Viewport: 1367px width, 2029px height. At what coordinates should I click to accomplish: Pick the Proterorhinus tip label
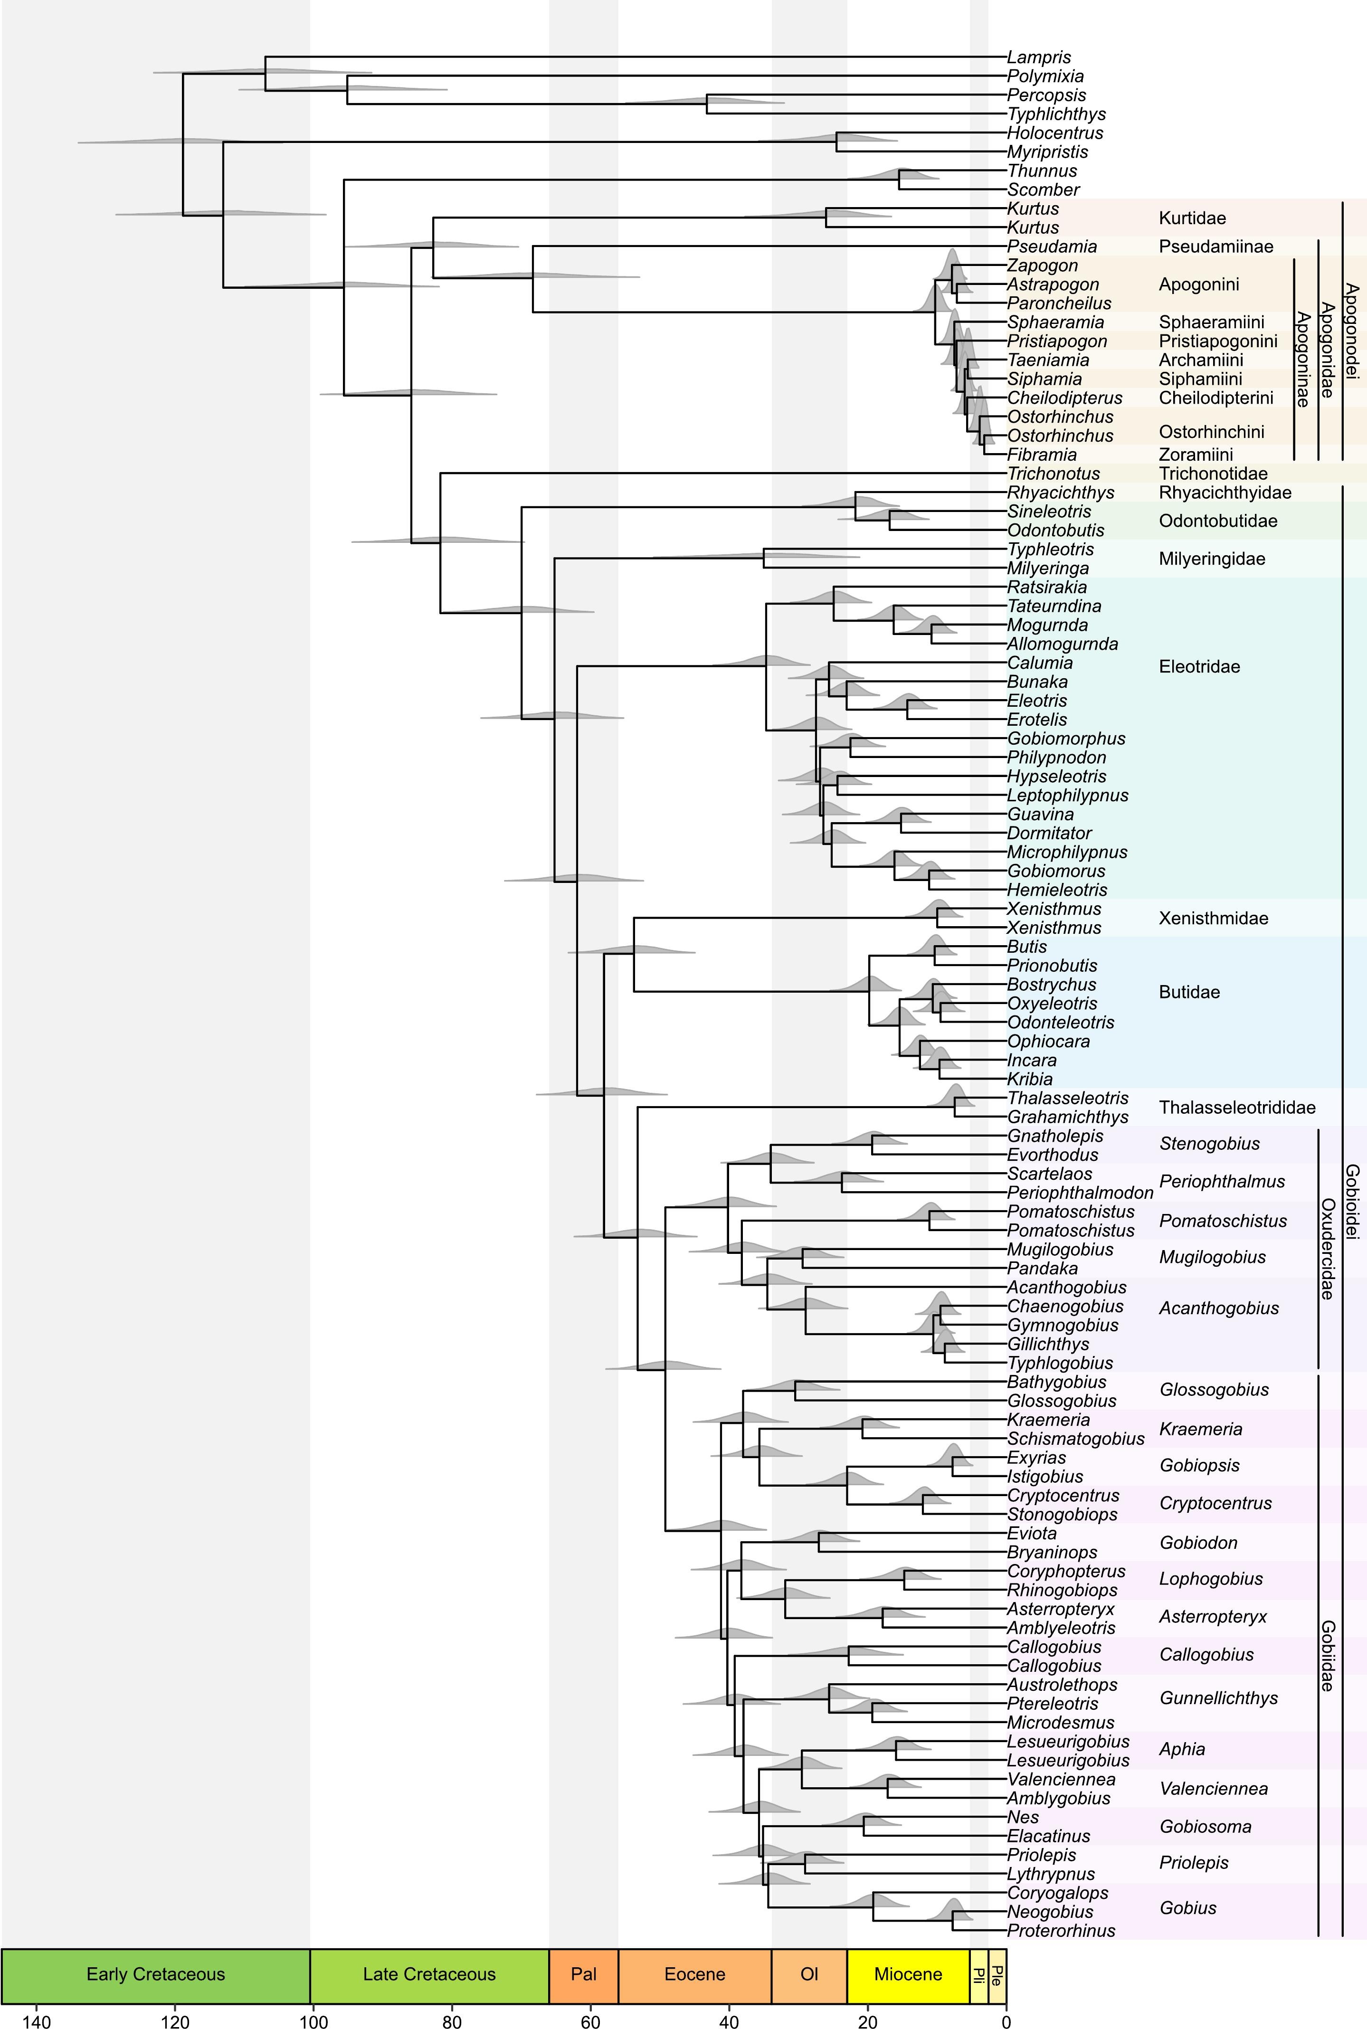click(x=1061, y=1931)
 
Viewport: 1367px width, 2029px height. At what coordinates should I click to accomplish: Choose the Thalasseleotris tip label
click(x=1067, y=1098)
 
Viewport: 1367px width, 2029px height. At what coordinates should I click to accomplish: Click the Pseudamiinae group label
click(x=1215, y=247)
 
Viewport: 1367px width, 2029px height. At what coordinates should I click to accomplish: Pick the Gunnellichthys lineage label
click(x=1218, y=1698)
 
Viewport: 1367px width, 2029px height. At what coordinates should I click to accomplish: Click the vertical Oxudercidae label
click(x=1328, y=1248)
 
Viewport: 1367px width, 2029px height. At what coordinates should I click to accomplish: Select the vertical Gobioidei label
click(x=1352, y=1203)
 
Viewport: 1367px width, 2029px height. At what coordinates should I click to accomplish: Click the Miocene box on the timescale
click(x=908, y=1974)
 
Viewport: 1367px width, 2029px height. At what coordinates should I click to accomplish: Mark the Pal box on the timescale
click(x=583, y=1974)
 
